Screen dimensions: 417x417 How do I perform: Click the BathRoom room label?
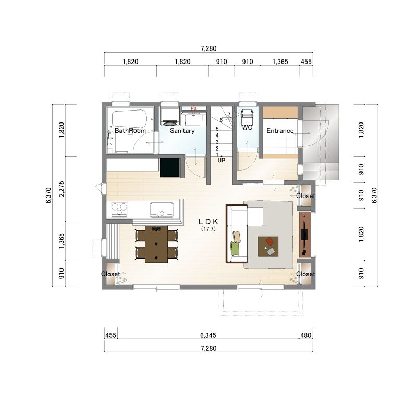point(130,131)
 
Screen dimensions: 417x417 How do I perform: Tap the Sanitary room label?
point(182,131)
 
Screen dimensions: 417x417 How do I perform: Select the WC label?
point(247,128)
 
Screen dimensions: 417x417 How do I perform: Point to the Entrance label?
point(280,131)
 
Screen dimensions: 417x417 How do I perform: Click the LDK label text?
point(208,222)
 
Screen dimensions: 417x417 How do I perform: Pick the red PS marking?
point(193,108)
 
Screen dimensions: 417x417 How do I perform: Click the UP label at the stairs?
point(221,161)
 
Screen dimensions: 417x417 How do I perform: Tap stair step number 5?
point(217,129)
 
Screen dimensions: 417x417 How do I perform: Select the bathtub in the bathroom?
point(129,119)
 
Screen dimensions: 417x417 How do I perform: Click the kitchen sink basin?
point(162,210)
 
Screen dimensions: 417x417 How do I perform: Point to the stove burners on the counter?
point(119,210)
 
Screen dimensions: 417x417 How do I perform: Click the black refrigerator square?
point(169,168)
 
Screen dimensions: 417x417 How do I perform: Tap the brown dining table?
point(156,244)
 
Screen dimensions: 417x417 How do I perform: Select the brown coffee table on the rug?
point(268,247)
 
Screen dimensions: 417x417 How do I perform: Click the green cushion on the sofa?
point(235,249)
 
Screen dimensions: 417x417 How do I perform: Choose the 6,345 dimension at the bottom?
point(208,335)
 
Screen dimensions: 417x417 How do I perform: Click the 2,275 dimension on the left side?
point(62,189)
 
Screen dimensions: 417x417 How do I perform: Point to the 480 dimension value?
point(306,335)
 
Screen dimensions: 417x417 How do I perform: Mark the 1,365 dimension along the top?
point(280,62)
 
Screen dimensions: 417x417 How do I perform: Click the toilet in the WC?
point(247,114)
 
